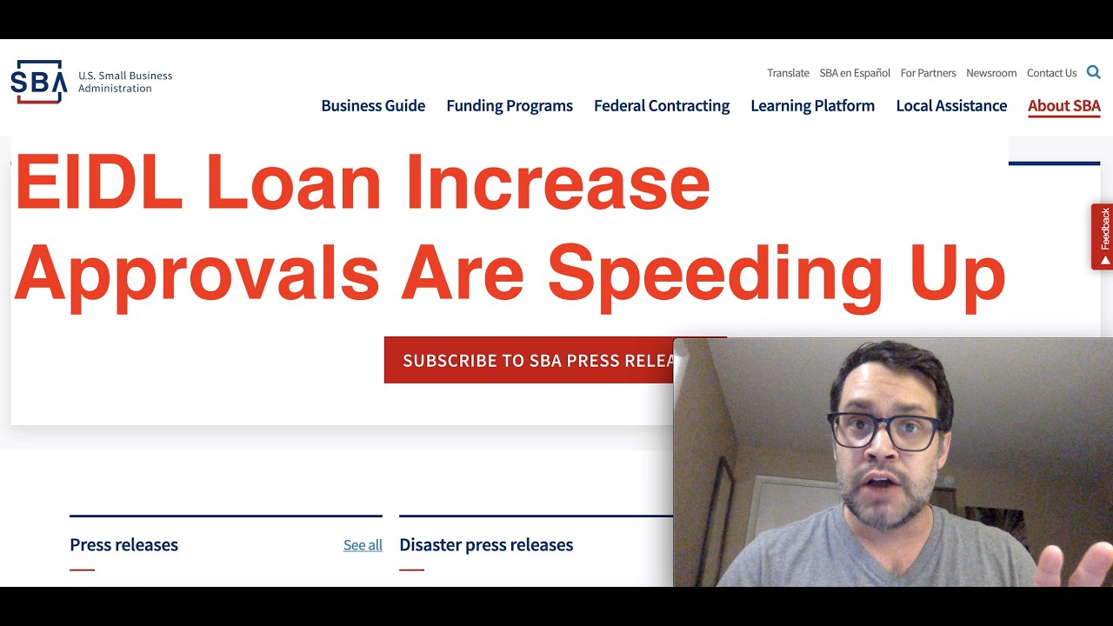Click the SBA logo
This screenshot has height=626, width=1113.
pyautogui.click(x=39, y=82)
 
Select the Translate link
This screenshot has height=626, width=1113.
pyautogui.click(x=788, y=73)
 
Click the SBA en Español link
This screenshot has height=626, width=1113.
pyautogui.click(x=855, y=73)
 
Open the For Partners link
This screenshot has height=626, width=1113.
pyautogui.click(x=928, y=73)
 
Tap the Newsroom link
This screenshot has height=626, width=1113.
pyautogui.click(x=991, y=73)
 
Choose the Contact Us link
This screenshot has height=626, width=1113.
pyautogui.click(x=1051, y=73)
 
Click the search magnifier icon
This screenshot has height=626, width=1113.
pyautogui.click(x=1093, y=72)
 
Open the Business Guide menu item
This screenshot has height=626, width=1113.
pyautogui.click(x=373, y=106)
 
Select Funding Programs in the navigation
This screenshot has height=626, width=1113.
pyautogui.click(x=510, y=106)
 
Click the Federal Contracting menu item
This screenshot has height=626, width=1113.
pyautogui.click(x=662, y=106)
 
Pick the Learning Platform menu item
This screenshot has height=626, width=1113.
pyautogui.click(x=812, y=106)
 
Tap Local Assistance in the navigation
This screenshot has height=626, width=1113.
pyautogui.click(x=951, y=106)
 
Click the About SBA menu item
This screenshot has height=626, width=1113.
pyautogui.click(x=1063, y=106)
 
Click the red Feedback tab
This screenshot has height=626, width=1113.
pyautogui.click(x=1103, y=236)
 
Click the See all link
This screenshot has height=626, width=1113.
pyautogui.click(x=363, y=545)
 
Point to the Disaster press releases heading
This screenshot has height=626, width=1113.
pyautogui.click(x=486, y=545)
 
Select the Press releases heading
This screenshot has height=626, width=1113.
pyautogui.click(x=123, y=545)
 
